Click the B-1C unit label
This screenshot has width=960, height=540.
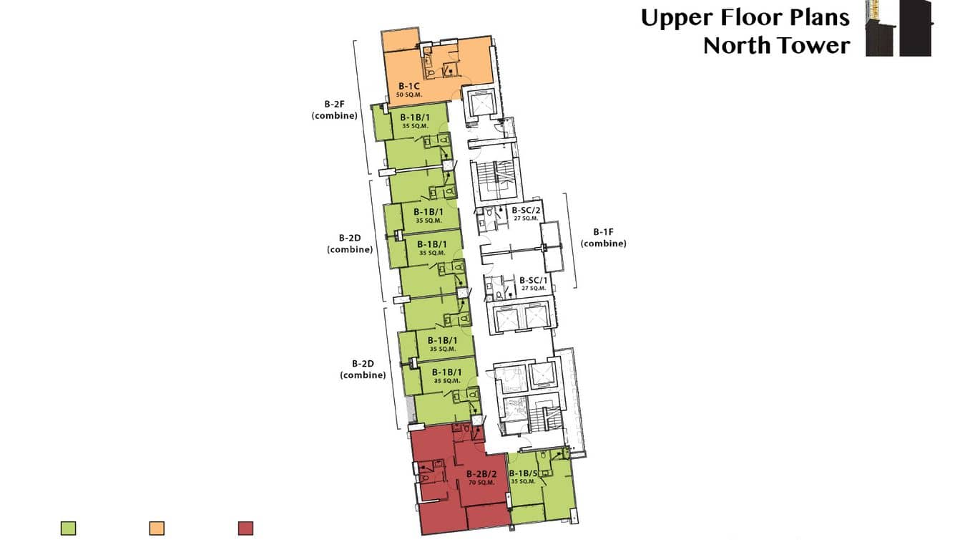tap(408, 86)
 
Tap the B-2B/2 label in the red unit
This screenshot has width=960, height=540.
tap(481, 474)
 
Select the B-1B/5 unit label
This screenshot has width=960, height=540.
tap(523, 473)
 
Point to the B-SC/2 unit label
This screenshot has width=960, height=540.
tap(526, 210)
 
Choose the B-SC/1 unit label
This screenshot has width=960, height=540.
tap(534, 279)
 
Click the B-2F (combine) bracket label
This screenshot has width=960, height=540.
tap(334, 108)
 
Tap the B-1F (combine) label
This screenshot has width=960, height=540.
tap(603, 237)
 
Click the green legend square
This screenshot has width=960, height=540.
tap(69, 529)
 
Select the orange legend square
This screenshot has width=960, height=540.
tap(157, 529)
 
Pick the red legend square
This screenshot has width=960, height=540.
tap(245, 529)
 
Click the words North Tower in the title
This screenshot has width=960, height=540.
tap(776, 45)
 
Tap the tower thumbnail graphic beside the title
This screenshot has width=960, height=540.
tap(898, 29)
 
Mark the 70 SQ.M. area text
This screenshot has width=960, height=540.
tap(481, 483)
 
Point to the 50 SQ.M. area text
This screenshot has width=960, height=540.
tap(408, 95)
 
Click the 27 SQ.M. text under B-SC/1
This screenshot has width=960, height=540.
tap(534, 288)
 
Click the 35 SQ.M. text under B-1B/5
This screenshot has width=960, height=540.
tap(523, 482)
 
